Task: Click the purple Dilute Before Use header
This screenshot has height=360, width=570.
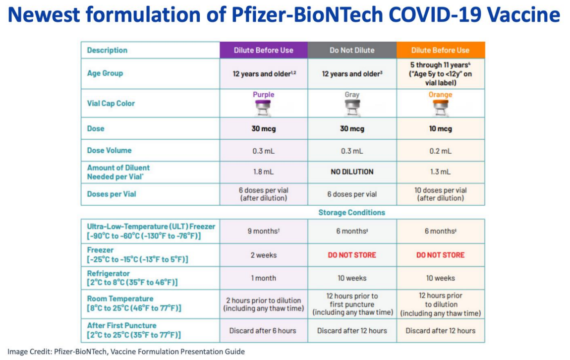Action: coord(264,50)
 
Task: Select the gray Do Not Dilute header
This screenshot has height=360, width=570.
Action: coord(352,50)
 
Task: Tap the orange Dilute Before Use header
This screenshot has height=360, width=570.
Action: coord(441,50)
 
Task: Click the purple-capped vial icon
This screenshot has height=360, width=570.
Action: coord(263,108)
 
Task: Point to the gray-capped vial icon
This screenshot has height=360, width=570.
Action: coord(352,108)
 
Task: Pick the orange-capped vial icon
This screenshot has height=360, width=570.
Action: coord(440,108)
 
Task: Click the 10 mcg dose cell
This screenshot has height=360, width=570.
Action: coord(441,129)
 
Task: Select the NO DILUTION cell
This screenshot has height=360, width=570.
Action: coord(352,172)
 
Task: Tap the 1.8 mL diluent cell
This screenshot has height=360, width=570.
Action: coord(264,172)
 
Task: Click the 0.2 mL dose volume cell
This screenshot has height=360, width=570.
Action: coord(441,151)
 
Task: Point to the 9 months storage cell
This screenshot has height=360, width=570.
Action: coord(264,231)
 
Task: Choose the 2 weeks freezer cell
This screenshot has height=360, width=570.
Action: coord(264,255)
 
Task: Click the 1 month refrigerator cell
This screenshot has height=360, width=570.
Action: coord(264,278)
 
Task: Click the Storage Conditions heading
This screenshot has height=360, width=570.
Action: coord(351,213)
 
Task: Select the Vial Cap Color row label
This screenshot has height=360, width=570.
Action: coord(111,104)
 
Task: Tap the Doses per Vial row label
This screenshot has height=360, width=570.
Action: coord(111,194)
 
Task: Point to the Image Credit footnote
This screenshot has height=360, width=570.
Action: coord(126,352)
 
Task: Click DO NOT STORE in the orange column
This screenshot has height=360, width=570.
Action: coord(441,255)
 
